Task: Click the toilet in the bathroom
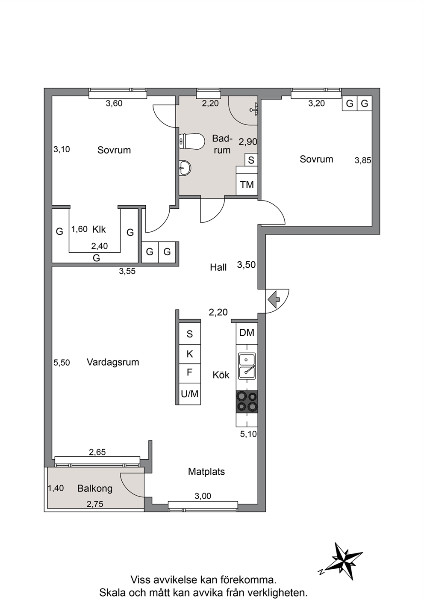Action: tap(191, 142)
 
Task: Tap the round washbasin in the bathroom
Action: tap(185, 168)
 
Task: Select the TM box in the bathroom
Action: tap(247, 184)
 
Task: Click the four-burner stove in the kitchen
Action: tap(247, 401)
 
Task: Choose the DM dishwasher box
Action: tap(247, 333)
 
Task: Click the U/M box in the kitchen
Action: tap(189, 394)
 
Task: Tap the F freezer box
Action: tap(189, 373)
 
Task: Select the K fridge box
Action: tap(189, 354)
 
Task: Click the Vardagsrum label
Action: tap(113, 362)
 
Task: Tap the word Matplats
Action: tap(206, 471)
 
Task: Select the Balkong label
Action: tap(95, 488)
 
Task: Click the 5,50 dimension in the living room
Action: tap(62, 362)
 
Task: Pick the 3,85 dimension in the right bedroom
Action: tap(363, 160)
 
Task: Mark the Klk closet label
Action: tap(99, 229)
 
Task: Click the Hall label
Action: tap(218, 267)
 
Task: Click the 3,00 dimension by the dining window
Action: tap(203, 496)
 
